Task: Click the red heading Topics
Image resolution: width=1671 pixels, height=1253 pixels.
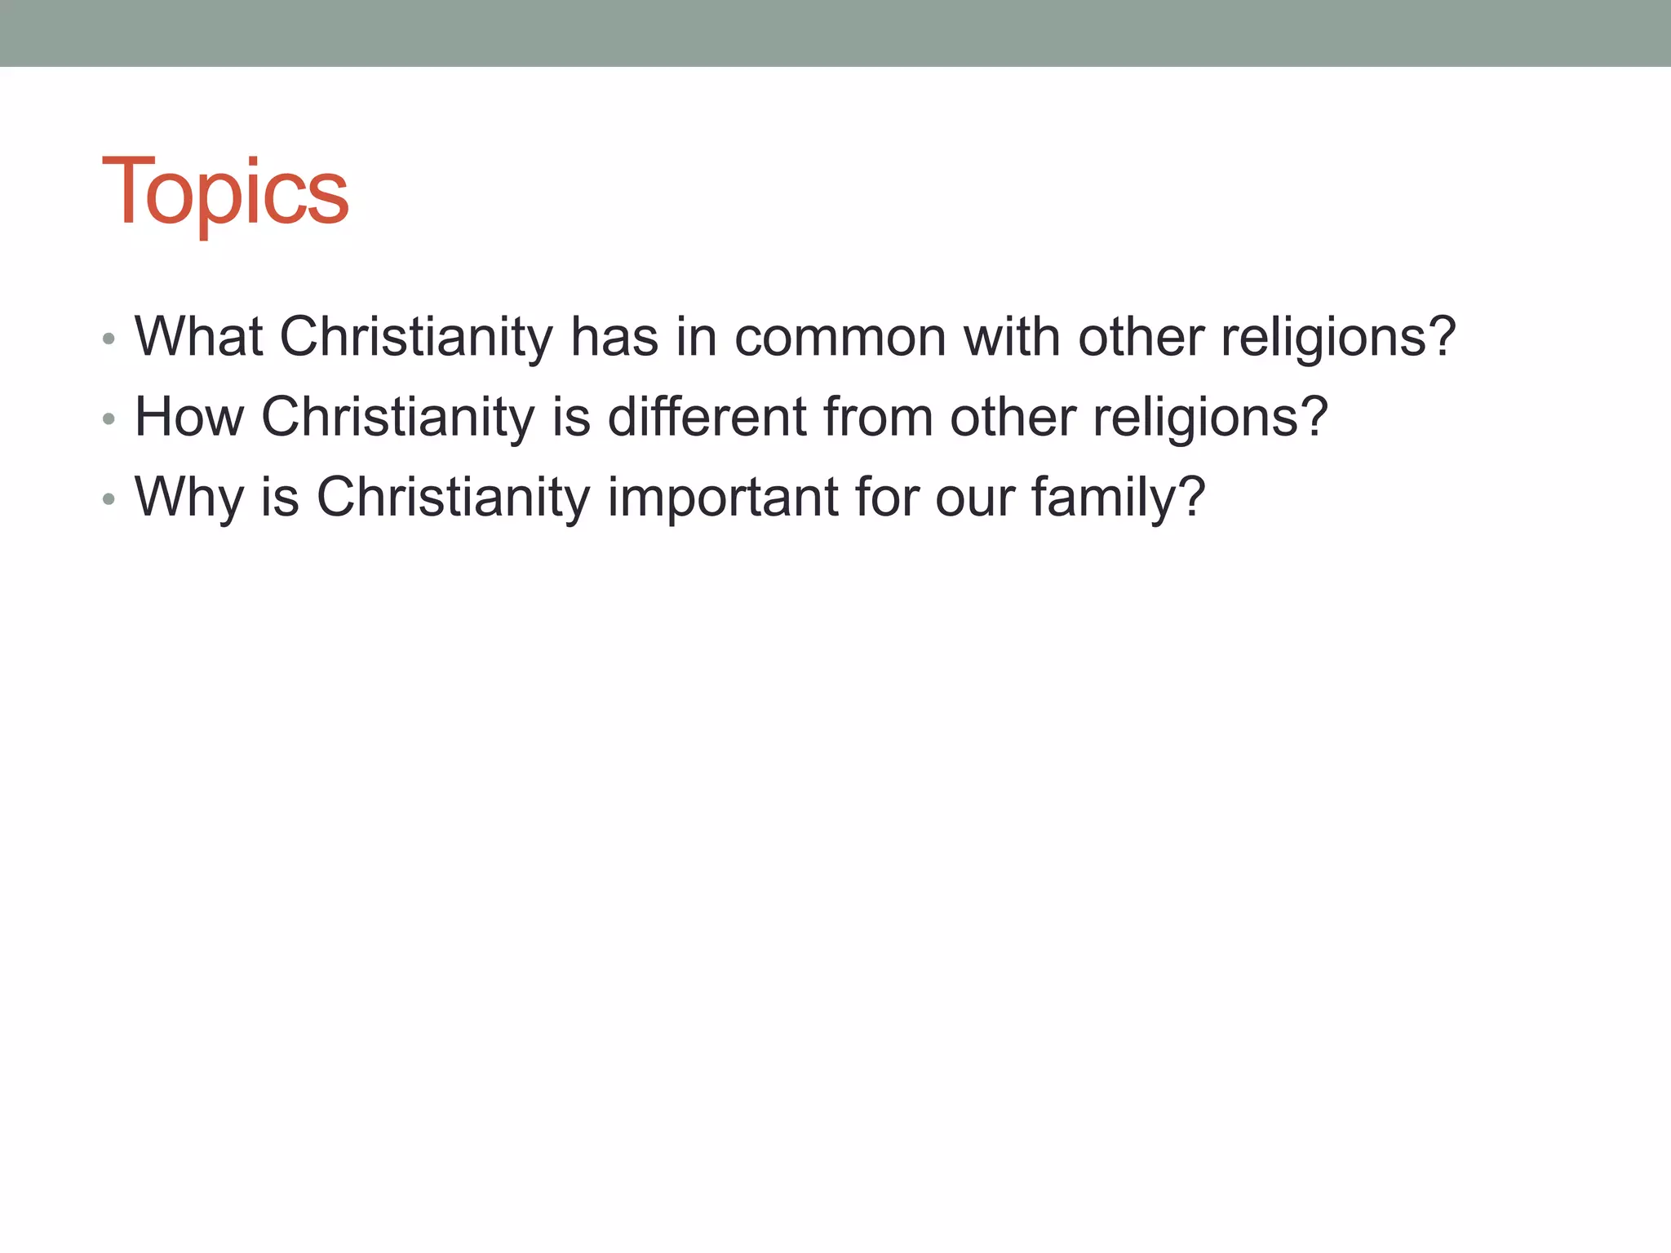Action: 225,193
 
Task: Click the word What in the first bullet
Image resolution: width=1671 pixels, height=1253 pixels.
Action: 198,337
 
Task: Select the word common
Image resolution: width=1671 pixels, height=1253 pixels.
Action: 840,337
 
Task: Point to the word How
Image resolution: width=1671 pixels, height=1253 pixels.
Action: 189,417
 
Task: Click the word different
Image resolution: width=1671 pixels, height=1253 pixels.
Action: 707,417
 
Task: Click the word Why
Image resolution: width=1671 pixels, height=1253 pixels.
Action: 189,497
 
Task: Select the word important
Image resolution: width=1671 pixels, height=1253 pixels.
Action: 723,497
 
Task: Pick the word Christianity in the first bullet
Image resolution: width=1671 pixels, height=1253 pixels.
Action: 416,337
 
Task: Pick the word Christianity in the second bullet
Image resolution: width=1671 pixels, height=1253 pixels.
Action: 397,417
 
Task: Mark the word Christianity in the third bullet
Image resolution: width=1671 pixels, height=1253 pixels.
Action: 453,497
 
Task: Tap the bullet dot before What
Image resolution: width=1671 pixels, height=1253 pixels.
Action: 109,339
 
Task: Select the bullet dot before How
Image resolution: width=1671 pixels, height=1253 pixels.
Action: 109,419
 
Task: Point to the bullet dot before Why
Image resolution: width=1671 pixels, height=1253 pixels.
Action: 109,499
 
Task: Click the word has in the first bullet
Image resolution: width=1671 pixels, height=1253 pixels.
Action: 614,337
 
